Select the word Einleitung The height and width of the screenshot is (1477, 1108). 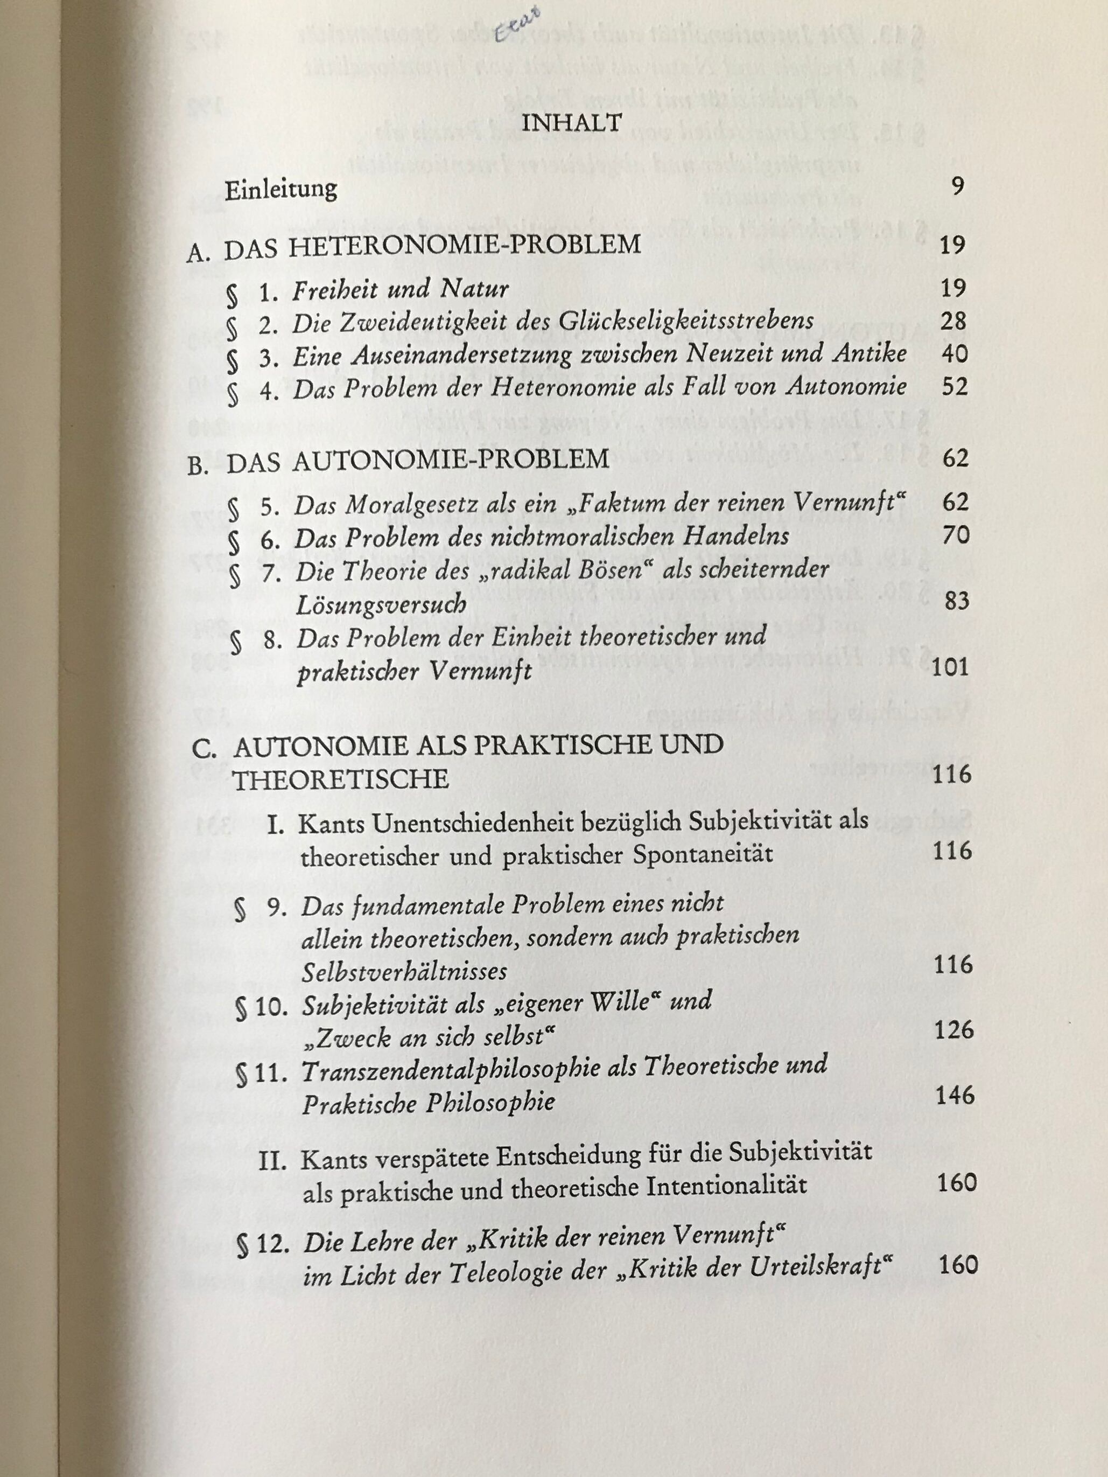[x=281, y=190]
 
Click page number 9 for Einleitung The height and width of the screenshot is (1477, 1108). [x=958, y=186]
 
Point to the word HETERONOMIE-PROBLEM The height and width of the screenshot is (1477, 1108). [x=465, y=246]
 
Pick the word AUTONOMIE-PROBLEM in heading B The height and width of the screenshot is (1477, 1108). [x=451, y=460]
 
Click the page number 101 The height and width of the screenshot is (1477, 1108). [x=949, y=668]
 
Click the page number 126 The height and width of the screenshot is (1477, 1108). [x=954, y=1030]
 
